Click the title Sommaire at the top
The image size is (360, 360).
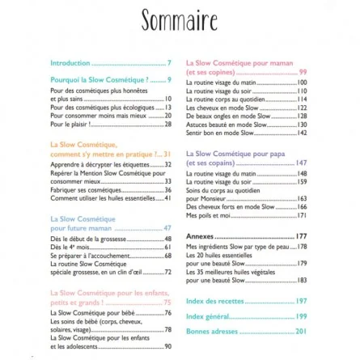pos(180,19)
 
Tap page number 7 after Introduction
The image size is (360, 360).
pos(169,62)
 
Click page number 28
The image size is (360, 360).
pos(167,124)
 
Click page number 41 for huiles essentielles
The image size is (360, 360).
pos(167,196)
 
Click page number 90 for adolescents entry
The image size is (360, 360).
pos(167,345)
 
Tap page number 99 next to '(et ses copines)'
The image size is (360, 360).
pos(303,72)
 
